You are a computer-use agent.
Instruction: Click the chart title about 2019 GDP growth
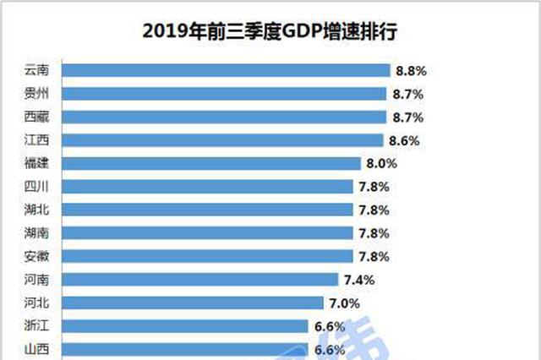tap(270, 31)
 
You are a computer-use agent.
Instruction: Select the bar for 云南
tap(227, 70)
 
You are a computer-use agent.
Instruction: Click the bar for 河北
tap(193, 302)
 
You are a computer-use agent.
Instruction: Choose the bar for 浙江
tap(185, 325)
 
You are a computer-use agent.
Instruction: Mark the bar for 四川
tap(208, 186)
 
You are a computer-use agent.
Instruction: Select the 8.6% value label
tap(404, 139)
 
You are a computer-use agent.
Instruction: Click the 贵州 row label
tap(38, 93)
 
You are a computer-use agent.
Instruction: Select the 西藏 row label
tap(38, 117)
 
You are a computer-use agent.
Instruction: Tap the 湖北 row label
tap(38, 209)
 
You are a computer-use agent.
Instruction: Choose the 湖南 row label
tap(38, 232)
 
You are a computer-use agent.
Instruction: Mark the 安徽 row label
tap(38, 255)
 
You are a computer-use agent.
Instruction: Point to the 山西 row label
tap(38, 347)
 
